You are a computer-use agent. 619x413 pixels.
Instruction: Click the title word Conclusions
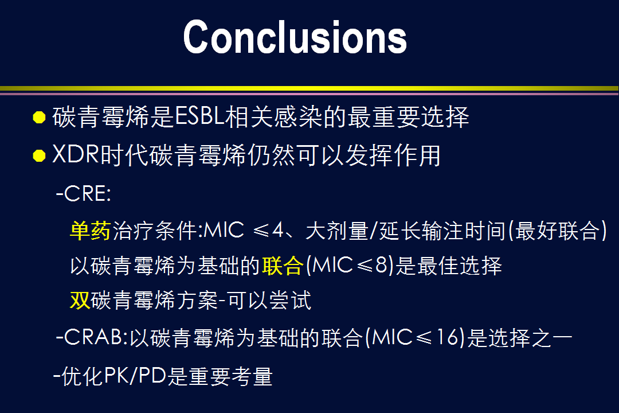(295, 37)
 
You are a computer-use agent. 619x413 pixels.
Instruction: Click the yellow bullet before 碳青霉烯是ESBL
(39, 118)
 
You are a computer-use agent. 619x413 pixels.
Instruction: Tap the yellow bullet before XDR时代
(39, 155)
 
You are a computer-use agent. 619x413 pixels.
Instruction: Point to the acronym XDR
(76, 154)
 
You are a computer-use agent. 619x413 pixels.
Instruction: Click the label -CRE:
(84, 194)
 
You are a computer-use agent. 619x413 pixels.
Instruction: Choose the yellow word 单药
(91, 231)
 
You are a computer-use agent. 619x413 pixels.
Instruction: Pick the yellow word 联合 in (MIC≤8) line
(283, 266)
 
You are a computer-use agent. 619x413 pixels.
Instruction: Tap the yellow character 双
(80, 301)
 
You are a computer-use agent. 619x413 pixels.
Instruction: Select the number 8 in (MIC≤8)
(381, 265)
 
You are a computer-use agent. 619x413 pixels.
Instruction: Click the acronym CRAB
(93, 337)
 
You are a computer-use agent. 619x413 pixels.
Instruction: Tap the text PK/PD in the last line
(135, 376)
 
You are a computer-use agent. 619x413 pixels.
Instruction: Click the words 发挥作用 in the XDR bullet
(393, 155)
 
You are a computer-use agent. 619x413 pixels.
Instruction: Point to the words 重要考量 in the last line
(231, 376)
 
